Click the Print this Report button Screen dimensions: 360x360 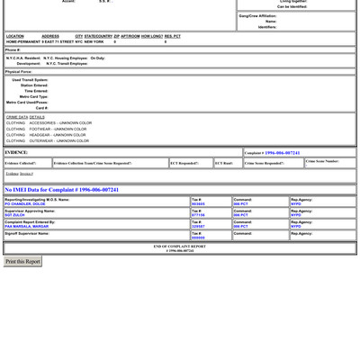click(x=22, y=261)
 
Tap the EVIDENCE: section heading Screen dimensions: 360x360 click(x=16, y=152)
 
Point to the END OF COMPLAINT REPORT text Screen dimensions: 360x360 click(x=180, y=246)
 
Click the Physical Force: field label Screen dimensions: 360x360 click(x=19, y=71)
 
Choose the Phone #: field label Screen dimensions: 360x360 click(x=13, y=50)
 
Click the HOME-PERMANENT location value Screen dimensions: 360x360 click(x=22, y=41)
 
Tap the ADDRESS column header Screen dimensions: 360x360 click(x=50, y=36)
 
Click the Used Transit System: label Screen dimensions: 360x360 click(x=30, y=80)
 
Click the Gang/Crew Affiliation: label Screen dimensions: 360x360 click(x=257, y=16)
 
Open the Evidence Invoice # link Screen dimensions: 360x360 click(x=19, y=174)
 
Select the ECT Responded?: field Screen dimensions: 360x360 click(x=184, y=163)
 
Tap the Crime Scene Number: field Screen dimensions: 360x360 click(x=322, y=161)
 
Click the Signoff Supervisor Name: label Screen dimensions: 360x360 click(x=27, y=233)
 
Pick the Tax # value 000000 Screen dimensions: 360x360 click(x=198, y=238)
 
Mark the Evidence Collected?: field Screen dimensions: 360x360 click(x=21, y=163)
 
